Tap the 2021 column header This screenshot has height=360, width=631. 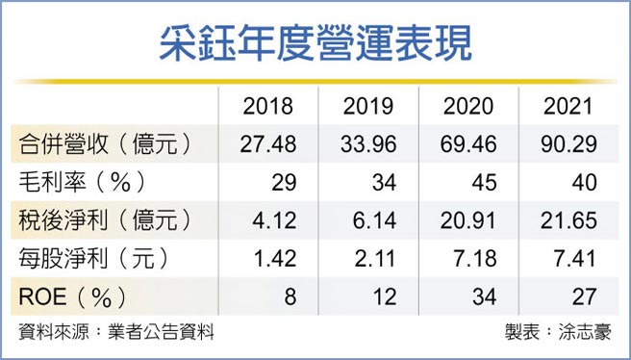click(x=569, y=107)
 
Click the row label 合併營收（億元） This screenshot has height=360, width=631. click(x=104, y=144)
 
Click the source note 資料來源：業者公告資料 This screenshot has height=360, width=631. click(x=115, y=332)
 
